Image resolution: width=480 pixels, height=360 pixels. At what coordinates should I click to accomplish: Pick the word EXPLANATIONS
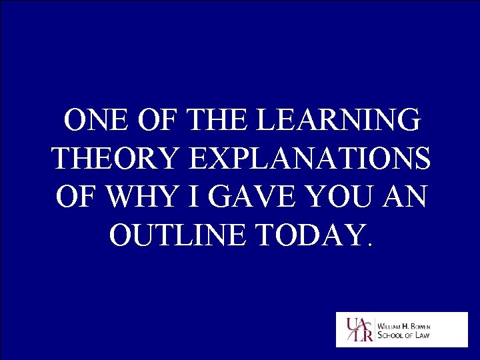309,159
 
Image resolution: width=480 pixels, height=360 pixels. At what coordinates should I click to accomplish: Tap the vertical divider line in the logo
373,329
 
